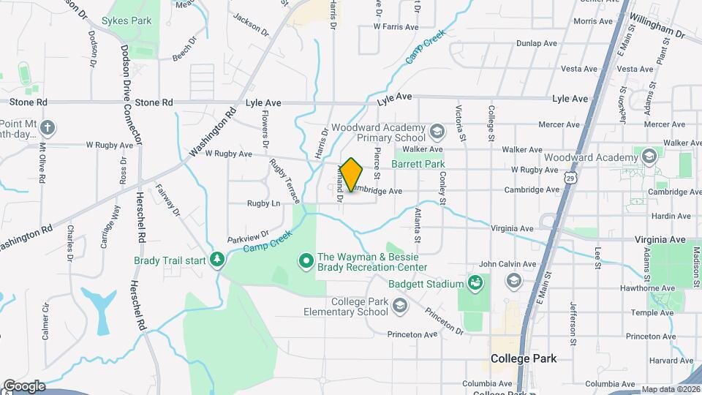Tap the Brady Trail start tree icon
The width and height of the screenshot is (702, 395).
(216, 260)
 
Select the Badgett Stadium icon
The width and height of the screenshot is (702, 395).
(475, 283)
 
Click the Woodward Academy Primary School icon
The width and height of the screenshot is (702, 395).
(437, 132)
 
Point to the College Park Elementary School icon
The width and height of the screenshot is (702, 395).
(399, 306)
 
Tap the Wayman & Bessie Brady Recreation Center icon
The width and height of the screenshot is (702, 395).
(306, 260)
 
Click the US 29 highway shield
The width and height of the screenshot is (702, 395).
(569, 178)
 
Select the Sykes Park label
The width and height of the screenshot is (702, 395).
(127, 21)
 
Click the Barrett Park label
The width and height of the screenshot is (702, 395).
(418, 165)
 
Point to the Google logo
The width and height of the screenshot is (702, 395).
(24, 386)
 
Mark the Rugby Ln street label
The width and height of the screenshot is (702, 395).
(263, 203)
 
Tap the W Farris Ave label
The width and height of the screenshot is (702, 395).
(395, 26)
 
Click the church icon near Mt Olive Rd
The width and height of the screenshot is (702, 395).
(48, 129)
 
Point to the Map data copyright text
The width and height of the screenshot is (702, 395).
(670, 389)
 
